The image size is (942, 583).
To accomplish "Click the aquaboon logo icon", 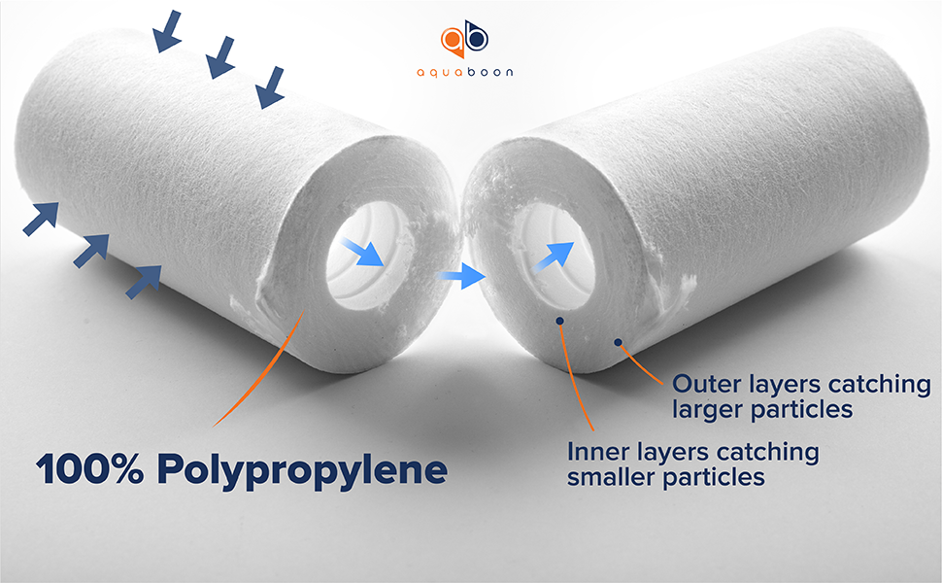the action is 465,39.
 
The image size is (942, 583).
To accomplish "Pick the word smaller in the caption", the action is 607,477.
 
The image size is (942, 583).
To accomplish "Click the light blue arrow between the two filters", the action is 460,279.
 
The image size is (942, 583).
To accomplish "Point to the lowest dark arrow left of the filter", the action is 144,281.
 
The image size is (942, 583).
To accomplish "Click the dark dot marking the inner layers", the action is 559,320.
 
